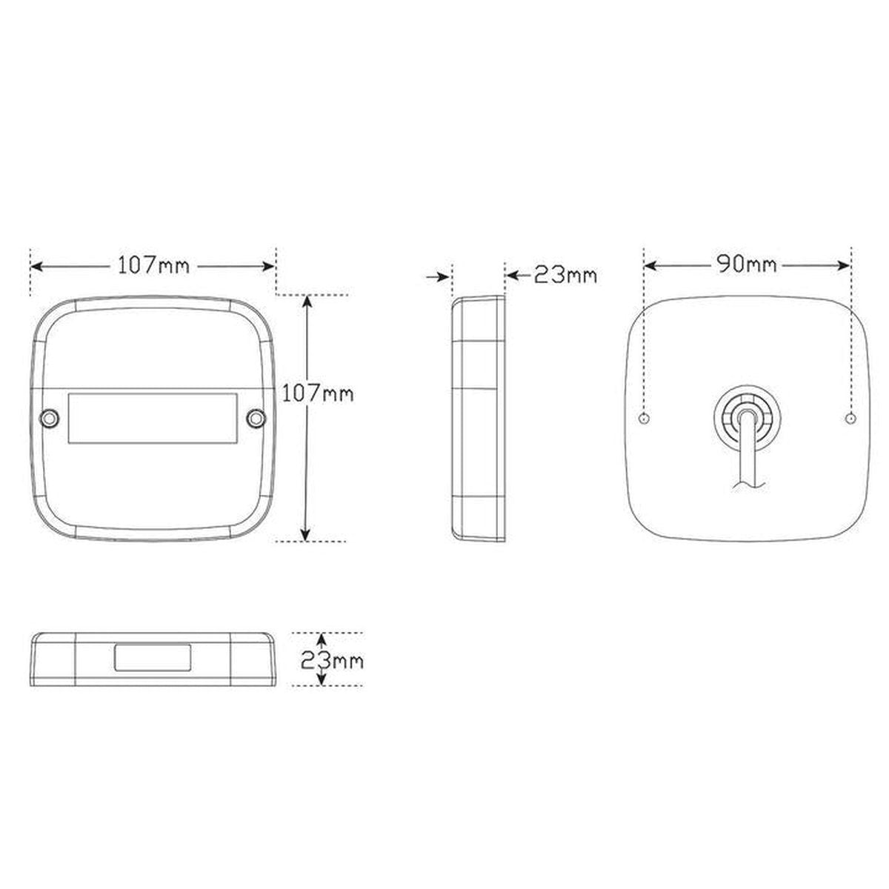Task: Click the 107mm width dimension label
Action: click(x=153, y=266)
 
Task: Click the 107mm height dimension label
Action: click(x=318, y=393)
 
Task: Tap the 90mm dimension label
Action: click(x=747, y=264)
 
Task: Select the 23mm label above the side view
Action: click(x=565, y=276)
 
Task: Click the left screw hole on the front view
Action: click(x=50, y=419)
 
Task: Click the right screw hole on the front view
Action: click(x=256, y=419)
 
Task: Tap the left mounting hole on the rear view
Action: click(x=645, y=419)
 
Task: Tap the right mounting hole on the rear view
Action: click(x=850, y=419)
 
